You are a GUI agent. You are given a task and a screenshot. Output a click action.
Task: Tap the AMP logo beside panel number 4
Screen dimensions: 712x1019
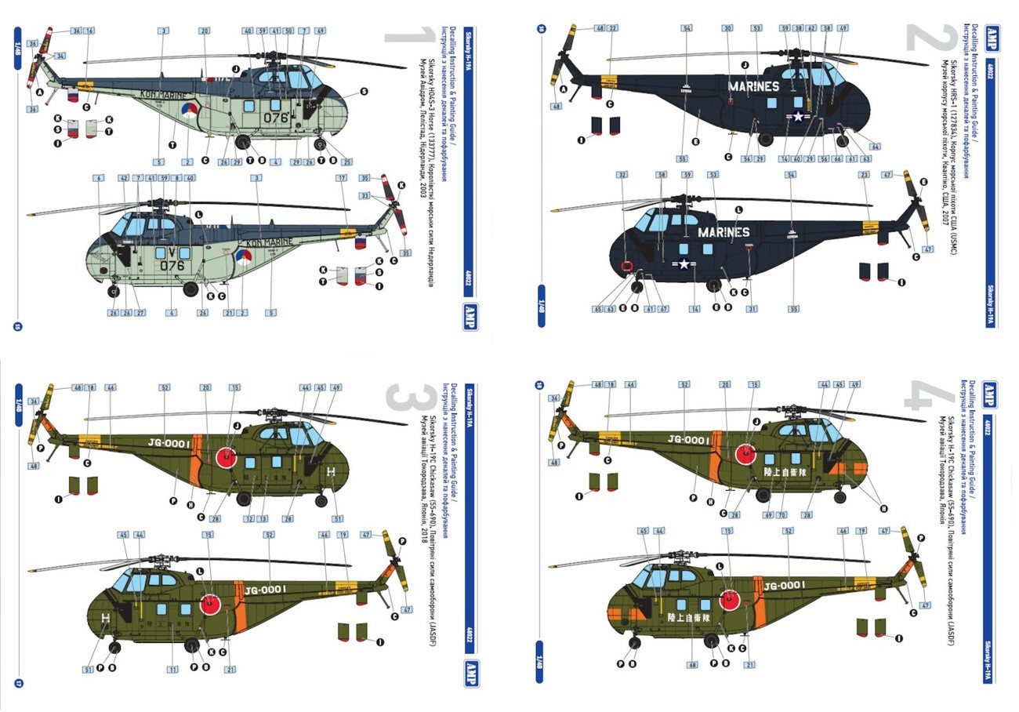pos(991,393)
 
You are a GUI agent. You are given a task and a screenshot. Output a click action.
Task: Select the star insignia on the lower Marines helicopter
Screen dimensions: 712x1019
pos(684,264)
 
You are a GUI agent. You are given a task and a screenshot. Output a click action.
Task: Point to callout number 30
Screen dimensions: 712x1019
pos(727,28)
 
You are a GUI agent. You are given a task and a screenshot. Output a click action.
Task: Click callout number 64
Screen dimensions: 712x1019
pos(875,147)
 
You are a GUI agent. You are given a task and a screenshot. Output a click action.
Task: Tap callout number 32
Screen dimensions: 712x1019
pos(622,176)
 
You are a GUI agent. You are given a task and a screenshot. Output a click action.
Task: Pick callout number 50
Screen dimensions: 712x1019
pos(289,31)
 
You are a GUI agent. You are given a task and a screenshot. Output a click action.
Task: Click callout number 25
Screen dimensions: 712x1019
pos(346,162)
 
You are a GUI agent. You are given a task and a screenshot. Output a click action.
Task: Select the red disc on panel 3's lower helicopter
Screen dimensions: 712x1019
pos(209,604)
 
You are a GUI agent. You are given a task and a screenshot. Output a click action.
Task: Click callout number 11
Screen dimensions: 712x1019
pos(172,669)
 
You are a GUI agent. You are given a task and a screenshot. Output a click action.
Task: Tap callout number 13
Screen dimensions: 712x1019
pos(263,519)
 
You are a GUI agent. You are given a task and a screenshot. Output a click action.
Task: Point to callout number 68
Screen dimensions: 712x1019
pos(692,665)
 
